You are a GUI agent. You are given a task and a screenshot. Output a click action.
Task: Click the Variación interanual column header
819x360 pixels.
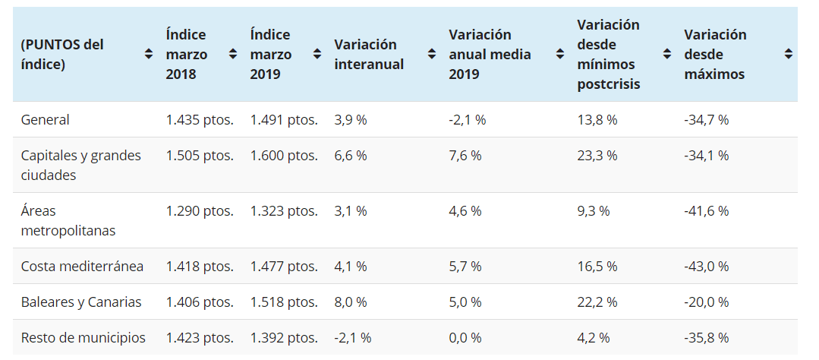coord(369,55)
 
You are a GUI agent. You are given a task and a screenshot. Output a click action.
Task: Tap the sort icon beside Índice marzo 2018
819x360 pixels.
coord(234,55)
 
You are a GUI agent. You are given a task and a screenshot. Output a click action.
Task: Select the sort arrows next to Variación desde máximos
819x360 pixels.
coord(789,55)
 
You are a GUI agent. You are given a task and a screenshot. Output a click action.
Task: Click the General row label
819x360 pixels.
coord(46,120)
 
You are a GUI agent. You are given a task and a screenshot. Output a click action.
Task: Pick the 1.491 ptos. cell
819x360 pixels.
coord(284,120)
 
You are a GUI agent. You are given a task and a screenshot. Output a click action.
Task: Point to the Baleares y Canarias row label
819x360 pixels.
coord(81,302)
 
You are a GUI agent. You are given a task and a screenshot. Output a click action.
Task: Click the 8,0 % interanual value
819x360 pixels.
coord(350,302)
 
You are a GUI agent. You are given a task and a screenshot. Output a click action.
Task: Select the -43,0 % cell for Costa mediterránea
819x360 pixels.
coord(706,267)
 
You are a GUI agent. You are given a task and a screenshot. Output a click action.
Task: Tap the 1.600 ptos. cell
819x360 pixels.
coord(284,156)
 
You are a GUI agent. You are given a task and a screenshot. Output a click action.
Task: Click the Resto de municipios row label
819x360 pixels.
coord(83,338)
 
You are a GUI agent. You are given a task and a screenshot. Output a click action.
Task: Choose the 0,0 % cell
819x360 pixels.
coord(465,338)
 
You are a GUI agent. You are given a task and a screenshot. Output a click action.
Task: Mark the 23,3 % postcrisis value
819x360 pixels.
coord(597,156)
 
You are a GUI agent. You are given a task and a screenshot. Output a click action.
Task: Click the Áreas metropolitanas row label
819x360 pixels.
coord(68,220)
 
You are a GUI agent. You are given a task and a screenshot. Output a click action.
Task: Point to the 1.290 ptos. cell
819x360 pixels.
coord(200,211)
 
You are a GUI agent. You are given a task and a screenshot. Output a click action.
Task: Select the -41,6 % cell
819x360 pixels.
coord(706,211)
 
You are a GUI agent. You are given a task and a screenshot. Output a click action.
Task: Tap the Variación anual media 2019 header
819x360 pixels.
coord(490,55)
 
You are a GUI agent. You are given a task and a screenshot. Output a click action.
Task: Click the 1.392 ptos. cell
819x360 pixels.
coord(284,338)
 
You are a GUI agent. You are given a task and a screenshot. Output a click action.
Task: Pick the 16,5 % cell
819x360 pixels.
coord(597,267)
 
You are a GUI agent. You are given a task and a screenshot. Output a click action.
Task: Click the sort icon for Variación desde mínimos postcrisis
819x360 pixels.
coord(667,55)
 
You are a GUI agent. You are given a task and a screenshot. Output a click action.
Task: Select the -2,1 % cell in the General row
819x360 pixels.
coord(467,120)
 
